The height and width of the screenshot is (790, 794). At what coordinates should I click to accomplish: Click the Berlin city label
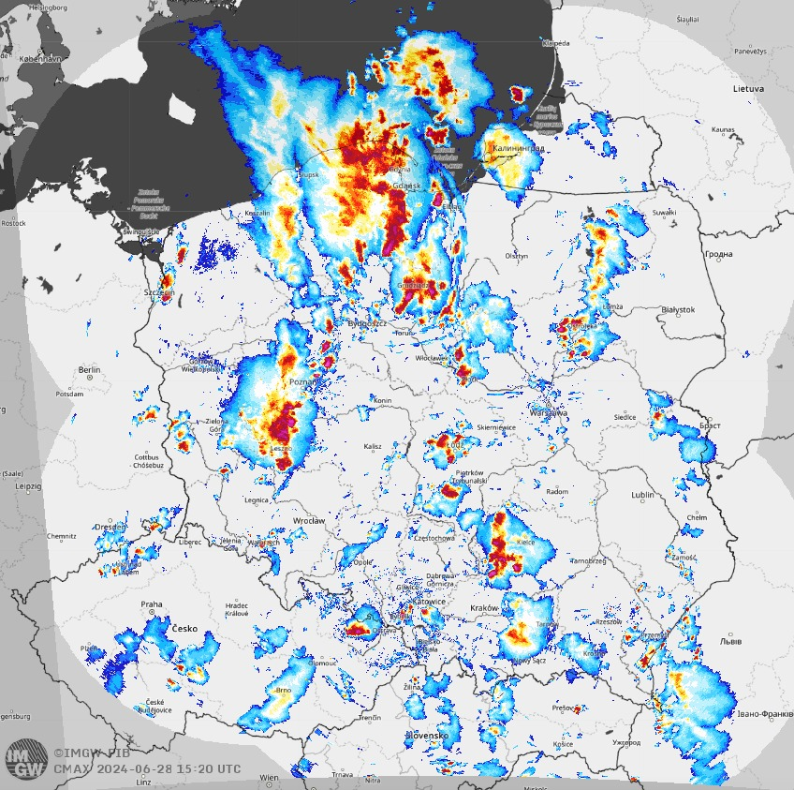[89, 370]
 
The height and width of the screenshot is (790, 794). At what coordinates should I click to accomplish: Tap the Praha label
[152, 604]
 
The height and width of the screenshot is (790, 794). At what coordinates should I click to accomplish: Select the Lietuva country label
[748, 88]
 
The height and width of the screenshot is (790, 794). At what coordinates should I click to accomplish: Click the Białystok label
[678, 309]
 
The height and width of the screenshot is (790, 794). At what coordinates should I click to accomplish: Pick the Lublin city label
[642, 494]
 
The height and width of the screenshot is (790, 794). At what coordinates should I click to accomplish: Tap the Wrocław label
[308, 520]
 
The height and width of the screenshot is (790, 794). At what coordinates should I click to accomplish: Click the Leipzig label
[28, 487]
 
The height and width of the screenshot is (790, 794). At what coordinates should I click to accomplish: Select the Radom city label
[556, 491]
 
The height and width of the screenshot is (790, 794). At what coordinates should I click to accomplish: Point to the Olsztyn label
[516, 255]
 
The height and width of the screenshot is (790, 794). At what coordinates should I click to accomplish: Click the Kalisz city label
[373, 446]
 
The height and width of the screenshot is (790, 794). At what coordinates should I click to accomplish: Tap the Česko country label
[184, 629]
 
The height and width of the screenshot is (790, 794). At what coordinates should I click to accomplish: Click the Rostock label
[13, 223]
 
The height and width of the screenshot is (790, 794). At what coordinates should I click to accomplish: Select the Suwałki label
[664, 213]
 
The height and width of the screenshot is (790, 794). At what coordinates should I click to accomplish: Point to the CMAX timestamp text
[147, 769]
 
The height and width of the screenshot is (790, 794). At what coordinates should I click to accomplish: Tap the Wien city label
[269, 777]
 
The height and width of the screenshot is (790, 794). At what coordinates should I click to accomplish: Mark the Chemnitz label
[62, 536]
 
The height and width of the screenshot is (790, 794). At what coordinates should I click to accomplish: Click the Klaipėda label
[554, 43]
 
